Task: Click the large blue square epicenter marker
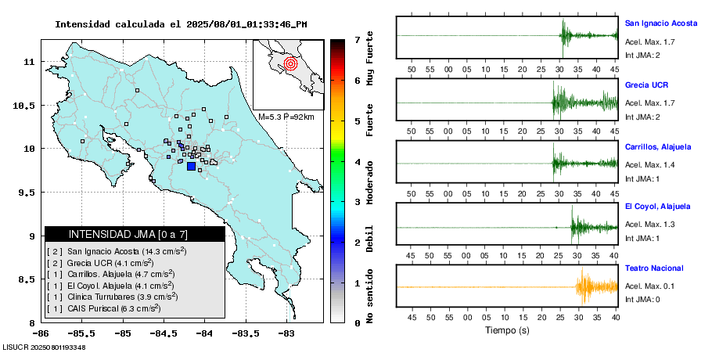[x=191, y=166]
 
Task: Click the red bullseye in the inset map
[x=290, y=63]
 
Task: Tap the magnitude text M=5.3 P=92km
[x=286, y=117]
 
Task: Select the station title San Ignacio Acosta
[x=662, y=23]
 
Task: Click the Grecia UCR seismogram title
[x=646, y=85]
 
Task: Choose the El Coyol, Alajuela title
[x=657, y=207]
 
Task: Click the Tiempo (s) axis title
[x=507, y=331]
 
